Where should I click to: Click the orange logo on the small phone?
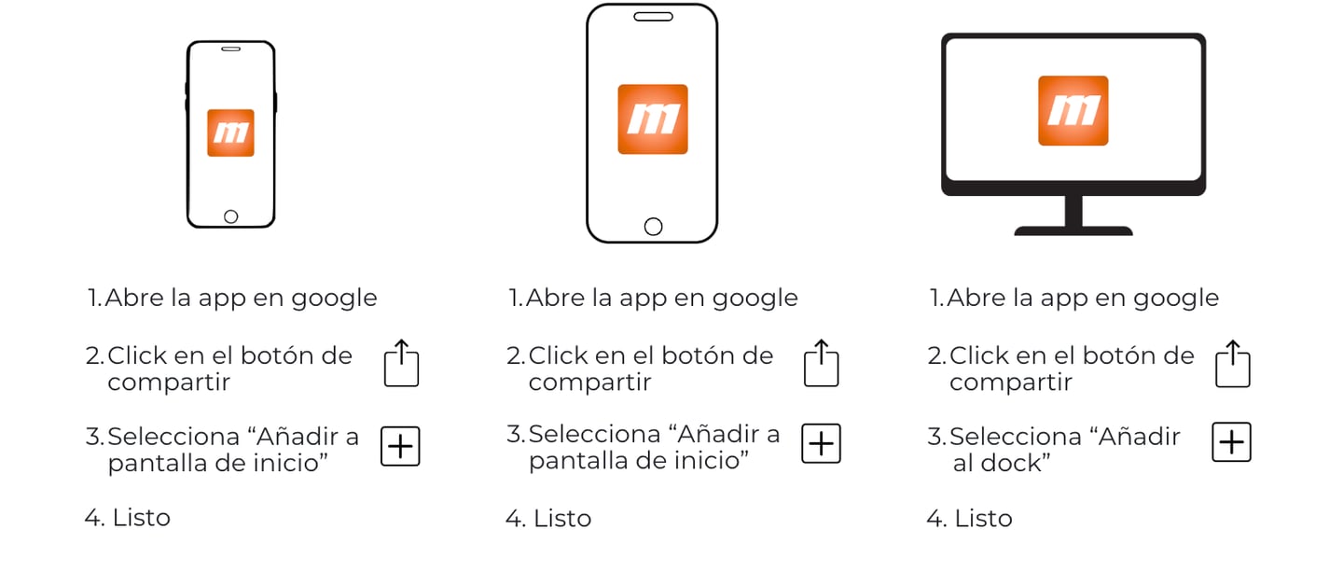click(x=231, y=132)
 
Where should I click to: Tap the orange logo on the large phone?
click(x=653, y=118)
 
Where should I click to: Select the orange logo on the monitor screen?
click(x=1073, y=110)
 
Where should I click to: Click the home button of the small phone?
click(x=231, y=216)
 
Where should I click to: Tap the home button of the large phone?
click(x=653, y=226)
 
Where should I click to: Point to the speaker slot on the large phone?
click(x=653, y=17)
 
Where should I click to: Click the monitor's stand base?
click(x=1073, y=231)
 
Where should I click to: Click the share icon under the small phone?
click(x=401, y=363)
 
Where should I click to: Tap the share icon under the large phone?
click(x=821, y=363)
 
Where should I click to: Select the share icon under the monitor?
click(x=1233, y=364)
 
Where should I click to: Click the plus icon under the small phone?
click(x=400, y=446)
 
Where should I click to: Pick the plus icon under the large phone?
click(x=821, y=444)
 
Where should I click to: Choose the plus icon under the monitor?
click(x=1231, y=442)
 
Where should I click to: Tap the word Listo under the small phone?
click(x=142, y=518)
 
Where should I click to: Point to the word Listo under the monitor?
click(x=983, y=518)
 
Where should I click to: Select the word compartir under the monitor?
click(x=1011, y=383)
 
